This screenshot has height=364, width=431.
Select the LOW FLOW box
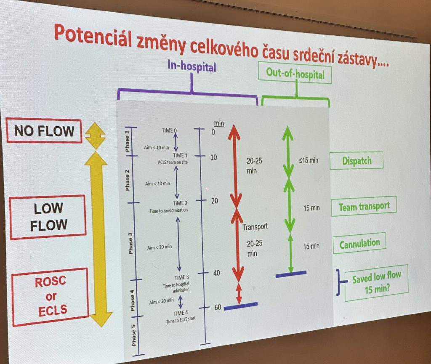pyautogui.click(x=48, y=217)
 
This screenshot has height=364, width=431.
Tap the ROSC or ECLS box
pyautogui.click(x=51, y=297)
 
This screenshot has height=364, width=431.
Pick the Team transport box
pyautogui.click(x=364, y=207)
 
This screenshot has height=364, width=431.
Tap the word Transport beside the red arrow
pyautogui.click(x=255, y=227)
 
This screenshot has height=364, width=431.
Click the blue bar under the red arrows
pyautogui.click(x=240, y=306)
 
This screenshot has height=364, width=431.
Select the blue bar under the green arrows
pyautogui.click(x=291, y=274)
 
